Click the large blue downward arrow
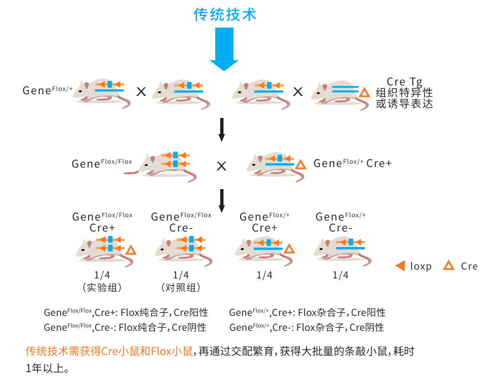coord(224,50)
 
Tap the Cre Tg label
coord(404,82)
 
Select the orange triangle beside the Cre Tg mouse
coord(364,93)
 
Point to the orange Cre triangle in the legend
coord(449,266)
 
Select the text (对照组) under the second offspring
coord(180,287)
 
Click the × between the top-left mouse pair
coord(141,92)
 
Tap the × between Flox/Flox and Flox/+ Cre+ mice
coord(221,165)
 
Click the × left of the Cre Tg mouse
coord(297,92)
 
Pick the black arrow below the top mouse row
coord(222,130)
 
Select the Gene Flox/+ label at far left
coord(47,90)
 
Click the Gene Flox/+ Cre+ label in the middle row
coord(352,163)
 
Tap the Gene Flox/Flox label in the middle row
coord(102,163)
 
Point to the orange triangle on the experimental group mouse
coord(131,250)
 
